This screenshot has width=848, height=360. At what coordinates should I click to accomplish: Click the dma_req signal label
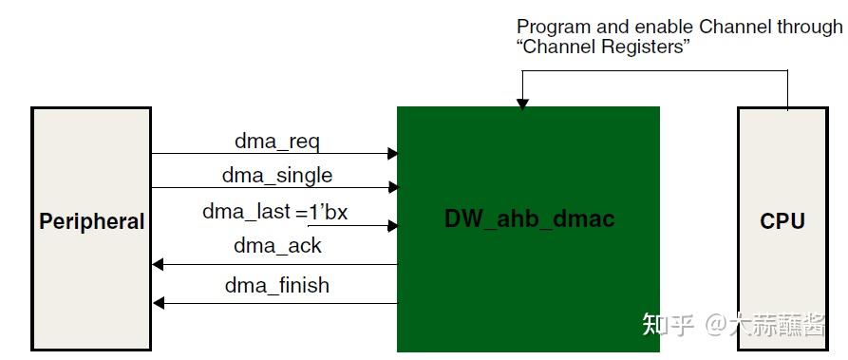tap(277, 142)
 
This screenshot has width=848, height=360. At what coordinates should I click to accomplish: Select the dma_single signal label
tap(277, 176)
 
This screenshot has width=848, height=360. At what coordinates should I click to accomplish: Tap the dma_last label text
tap(246, 211)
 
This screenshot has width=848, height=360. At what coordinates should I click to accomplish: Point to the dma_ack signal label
tap(277, 246)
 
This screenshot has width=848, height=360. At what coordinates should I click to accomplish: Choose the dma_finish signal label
tap(277, 285)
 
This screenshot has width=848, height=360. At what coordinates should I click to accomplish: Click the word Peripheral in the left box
tap(91, 222)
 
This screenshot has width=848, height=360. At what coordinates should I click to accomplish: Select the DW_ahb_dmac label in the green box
tap(529, 218)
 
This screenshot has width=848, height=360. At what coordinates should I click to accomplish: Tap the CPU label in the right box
tap(782, 222)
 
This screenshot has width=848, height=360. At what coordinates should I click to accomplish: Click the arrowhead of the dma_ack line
tap(159, 264)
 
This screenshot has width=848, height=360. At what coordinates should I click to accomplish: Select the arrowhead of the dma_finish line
tap(159, 303)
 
